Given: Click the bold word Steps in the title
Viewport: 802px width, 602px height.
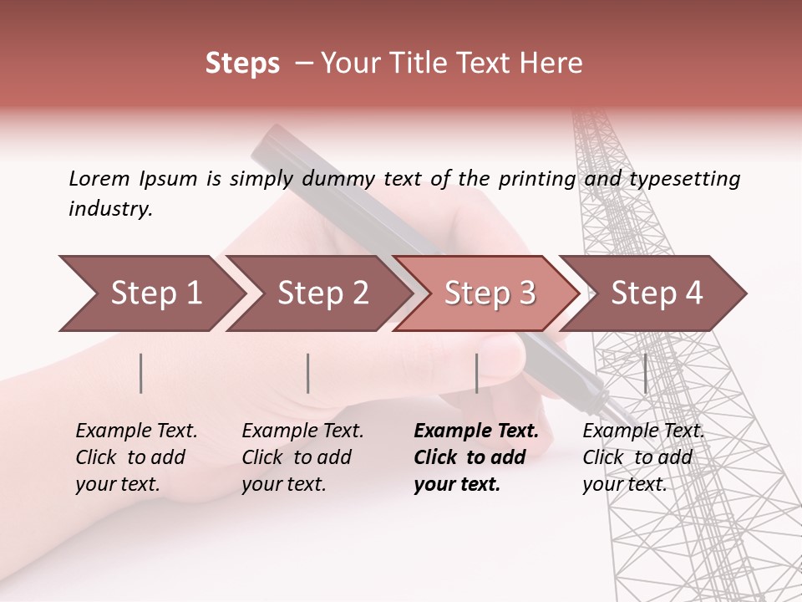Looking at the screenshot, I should (x=242, y=64).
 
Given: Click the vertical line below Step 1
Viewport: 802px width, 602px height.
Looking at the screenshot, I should (x=141, y=373).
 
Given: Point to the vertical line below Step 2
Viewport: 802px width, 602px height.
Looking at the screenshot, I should (x=308, y=373).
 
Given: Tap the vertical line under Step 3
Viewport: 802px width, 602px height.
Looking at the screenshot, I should (x=476, y=373).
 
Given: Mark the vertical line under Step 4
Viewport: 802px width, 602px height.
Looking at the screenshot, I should (x=645, y=373).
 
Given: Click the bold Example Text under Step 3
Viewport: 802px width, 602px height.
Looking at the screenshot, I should (x=476, y=457).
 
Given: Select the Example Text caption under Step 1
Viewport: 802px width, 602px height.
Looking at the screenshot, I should (x=136, y=457).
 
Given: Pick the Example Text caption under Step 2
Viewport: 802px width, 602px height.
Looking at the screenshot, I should (x=302, y=457).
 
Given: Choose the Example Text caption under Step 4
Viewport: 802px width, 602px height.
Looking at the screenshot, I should (x=643, y=457).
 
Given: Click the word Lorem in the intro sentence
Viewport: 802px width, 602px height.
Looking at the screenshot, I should (x=99, y=178).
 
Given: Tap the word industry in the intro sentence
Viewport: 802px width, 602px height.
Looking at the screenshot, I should (x=110, y=209).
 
